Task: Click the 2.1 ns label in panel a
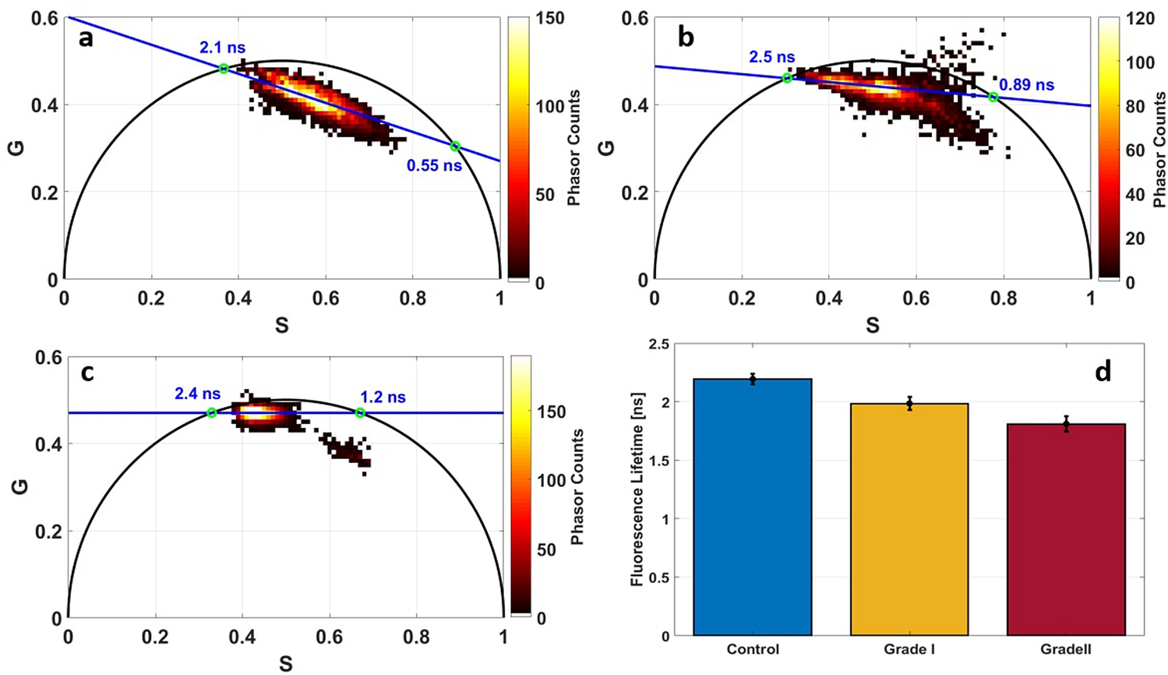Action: pos(222,48)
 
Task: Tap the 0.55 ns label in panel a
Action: pos(434,166)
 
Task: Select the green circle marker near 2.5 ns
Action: pos(787,78)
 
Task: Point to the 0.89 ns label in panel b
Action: pos(1026,85)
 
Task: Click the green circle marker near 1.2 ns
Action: pos(360,413)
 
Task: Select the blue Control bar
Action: pos(752,507)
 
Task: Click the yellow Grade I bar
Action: pos(909,518)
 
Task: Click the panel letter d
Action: pos(1103,372)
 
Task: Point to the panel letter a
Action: pos(86,37)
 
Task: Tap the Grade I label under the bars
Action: pos(909,649)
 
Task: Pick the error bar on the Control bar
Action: pos(752,379)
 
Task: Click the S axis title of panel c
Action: pos(285,663)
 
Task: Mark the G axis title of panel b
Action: pos(610,147)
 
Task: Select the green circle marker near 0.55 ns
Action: pos(455,147)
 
